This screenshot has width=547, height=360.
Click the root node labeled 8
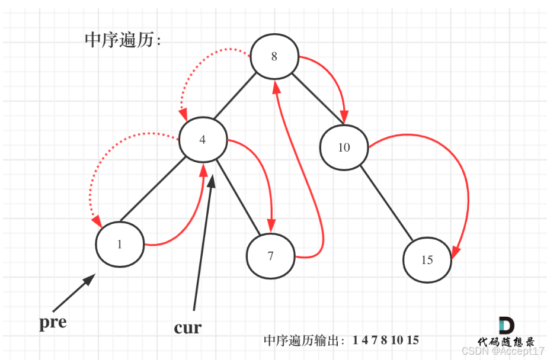tap(274, 57)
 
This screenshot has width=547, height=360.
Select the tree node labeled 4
tap(203, 140)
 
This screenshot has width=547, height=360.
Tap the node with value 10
tap(344, 147)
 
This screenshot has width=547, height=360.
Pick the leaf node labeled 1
tap(120, 245)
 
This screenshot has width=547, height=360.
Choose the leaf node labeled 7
tap(271, 256)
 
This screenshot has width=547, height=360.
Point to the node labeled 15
tap(427, 260)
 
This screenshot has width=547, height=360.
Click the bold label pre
tap(53, 322)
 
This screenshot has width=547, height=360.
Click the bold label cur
tap(188, 327)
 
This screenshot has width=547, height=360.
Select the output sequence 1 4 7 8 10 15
tap(386, 340)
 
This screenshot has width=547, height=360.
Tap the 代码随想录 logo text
tap(506, 342)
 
